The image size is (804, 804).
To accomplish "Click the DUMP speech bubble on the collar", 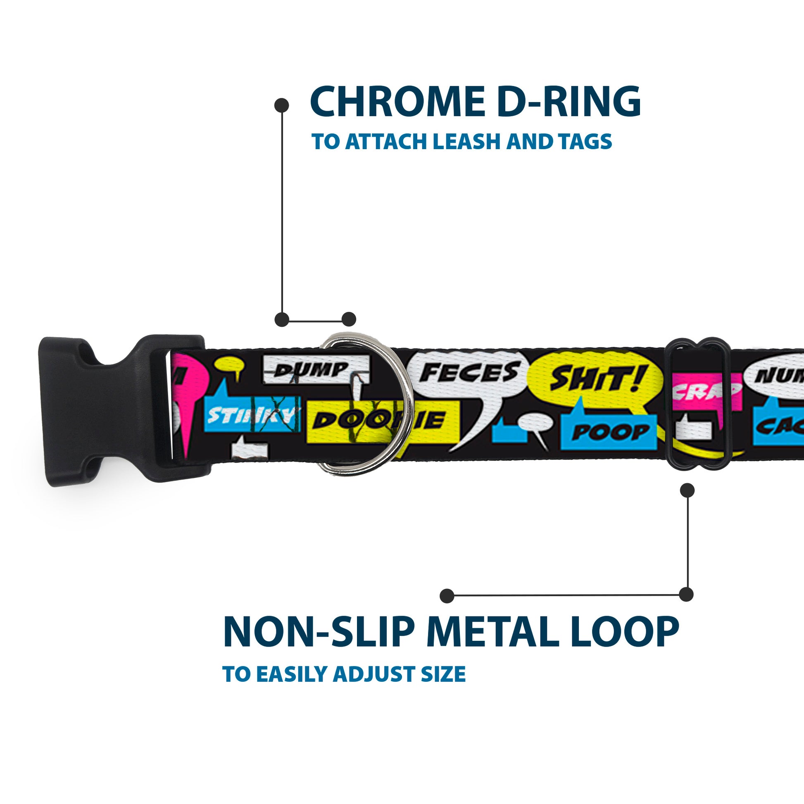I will [x=316, y=369].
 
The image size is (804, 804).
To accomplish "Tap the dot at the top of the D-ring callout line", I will [x=282, y=105].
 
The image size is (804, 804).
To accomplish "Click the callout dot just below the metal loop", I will [x=687, y=490].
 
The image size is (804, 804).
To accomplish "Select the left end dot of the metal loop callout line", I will [x=447, y=595].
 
